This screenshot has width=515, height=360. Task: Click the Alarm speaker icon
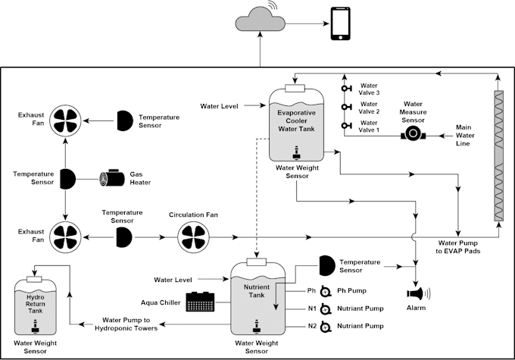[417, 294]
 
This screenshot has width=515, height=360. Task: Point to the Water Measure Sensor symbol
[412, 135]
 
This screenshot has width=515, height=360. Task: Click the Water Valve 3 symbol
[348, 89]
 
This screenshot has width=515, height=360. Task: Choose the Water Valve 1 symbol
[348, 124]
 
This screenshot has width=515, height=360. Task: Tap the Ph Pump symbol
[326, 291]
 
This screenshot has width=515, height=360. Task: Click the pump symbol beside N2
[326, 327]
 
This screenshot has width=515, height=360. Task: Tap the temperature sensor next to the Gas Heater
[67, 178]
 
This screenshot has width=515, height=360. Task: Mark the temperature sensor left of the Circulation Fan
[123, 238]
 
